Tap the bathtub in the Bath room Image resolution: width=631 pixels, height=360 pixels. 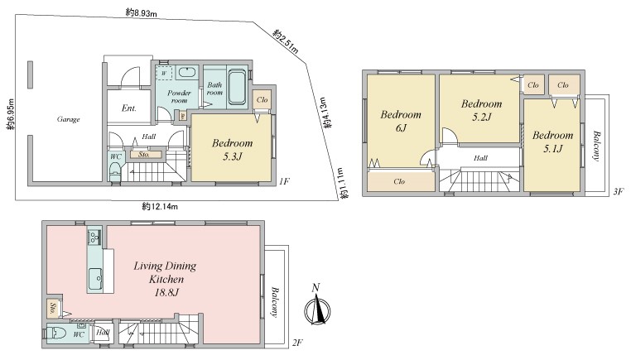coord(237,87)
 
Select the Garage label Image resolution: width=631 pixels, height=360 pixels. coord(69,119)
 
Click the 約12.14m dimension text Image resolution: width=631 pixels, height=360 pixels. coord(160,207)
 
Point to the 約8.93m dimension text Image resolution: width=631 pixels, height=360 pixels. coord(141,13)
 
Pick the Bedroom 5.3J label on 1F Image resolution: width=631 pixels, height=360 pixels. coord(232,150)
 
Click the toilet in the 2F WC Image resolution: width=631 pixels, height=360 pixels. coord(55,334)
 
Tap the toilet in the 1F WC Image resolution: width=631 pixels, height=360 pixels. coord(115,171)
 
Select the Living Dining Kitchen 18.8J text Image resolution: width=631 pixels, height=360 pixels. coord(165,279)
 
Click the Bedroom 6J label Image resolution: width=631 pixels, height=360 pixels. coord(401,121)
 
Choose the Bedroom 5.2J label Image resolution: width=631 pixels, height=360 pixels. coord(482,110)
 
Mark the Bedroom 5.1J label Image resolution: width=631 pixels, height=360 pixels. coord(553,142)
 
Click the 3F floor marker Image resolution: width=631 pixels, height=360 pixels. coord(619,191)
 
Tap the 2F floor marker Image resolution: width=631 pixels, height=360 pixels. coord(297,343)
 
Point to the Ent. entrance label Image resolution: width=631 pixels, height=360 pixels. coord(129,108)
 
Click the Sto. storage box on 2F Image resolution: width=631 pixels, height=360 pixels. coord(53,309)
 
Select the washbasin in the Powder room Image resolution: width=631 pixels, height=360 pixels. coord(186,72)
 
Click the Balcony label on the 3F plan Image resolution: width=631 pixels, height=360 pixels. coord(596,146)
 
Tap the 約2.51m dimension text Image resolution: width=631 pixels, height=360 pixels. coord(287,41)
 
